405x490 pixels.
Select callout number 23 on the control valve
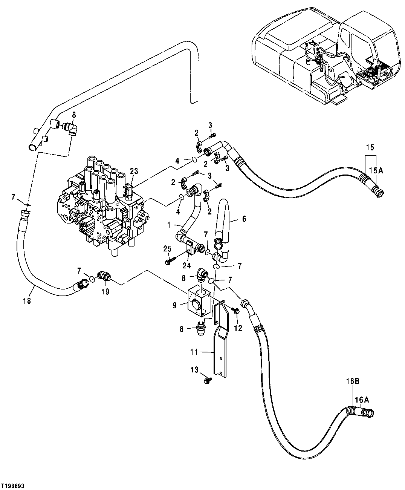point(134,171)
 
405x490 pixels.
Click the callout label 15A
point(375,170)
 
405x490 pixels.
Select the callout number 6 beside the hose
point(244,219)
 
